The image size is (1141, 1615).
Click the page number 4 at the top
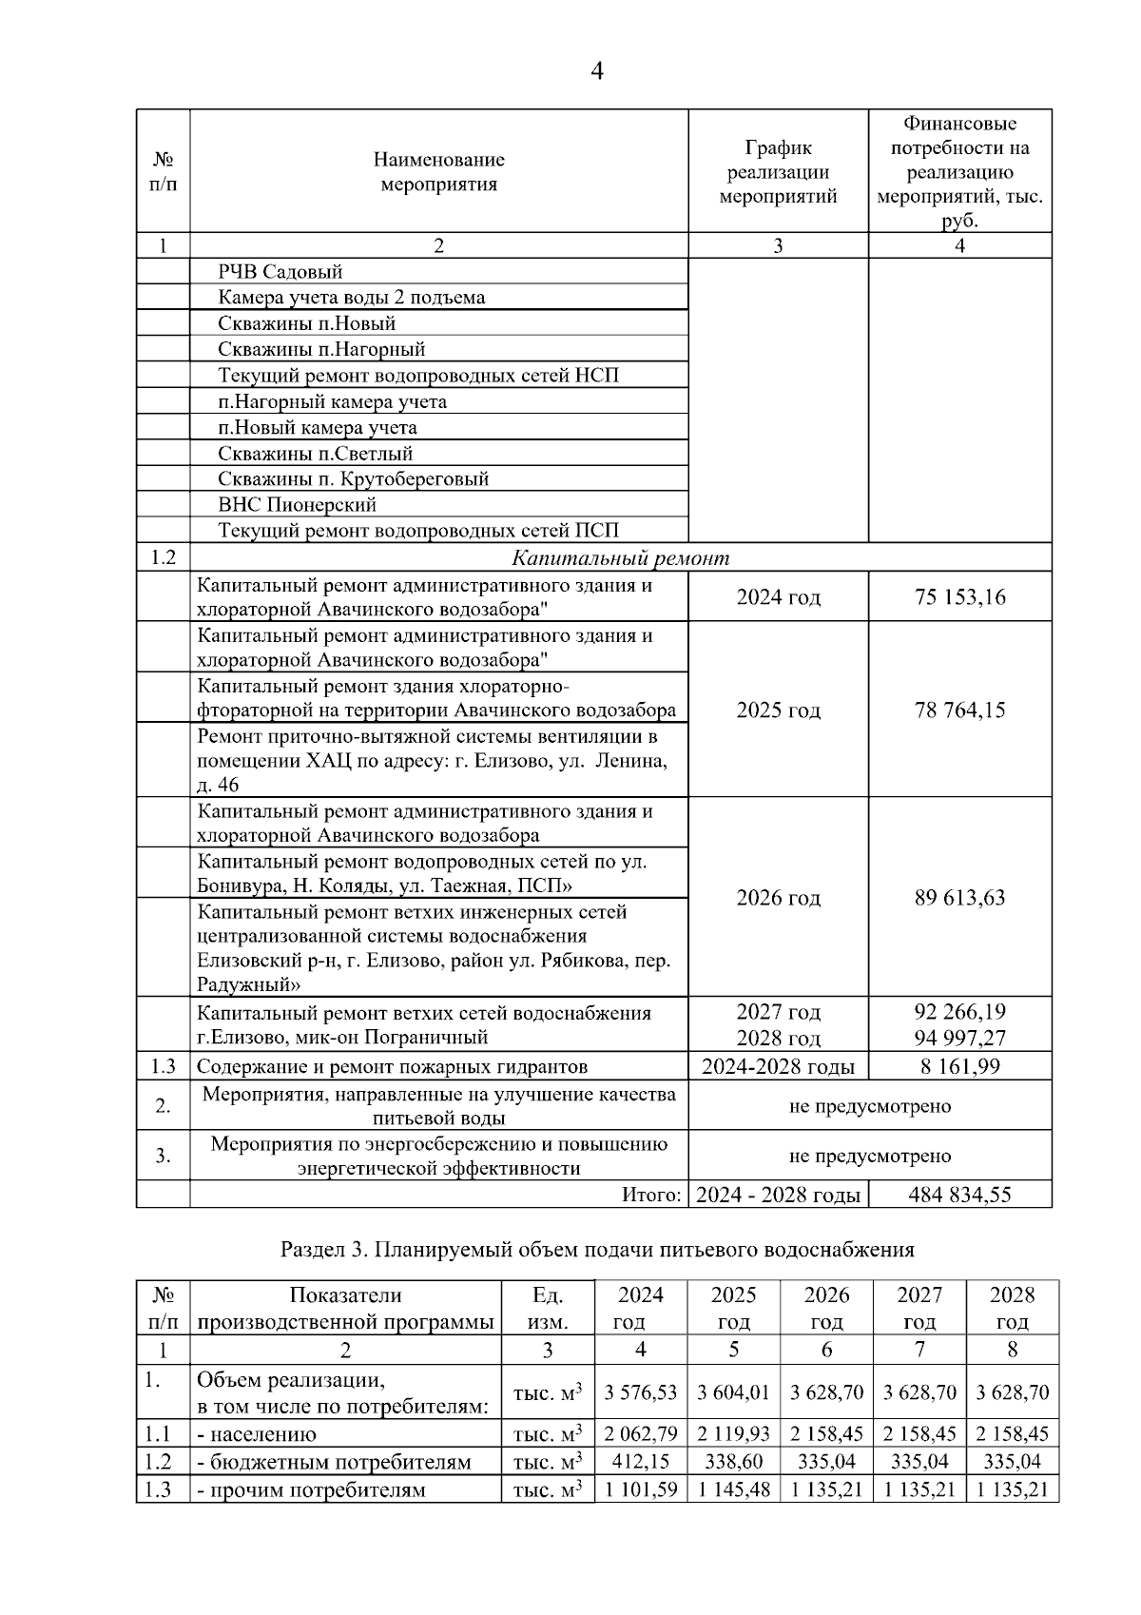point(597,71)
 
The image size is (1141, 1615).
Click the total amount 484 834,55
point(959,1195)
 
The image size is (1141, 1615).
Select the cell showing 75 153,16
point(959,597)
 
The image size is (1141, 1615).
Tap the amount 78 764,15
point(959,710)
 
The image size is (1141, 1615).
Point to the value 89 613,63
point(959,897)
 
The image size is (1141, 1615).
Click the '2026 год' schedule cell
point(778,897)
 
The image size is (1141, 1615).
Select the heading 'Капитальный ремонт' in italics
point(620,558)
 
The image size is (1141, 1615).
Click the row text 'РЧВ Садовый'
point(280,272)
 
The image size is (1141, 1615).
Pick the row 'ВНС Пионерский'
point(297,504)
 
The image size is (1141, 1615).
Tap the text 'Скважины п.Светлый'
point(315,454)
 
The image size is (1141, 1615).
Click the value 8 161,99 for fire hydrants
point(959,1066)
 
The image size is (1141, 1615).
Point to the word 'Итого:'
point(651,1195)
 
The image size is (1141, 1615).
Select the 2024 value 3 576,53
point(640,1392)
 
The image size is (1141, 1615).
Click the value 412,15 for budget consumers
point(640,1461)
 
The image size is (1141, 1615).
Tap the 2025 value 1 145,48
point(733,1489)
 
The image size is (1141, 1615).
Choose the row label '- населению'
point(257,1434)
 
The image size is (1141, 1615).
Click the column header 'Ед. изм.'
point(547,1308)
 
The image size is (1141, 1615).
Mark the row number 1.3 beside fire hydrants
point(163,1066)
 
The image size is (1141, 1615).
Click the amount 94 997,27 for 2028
point(959,1038)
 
